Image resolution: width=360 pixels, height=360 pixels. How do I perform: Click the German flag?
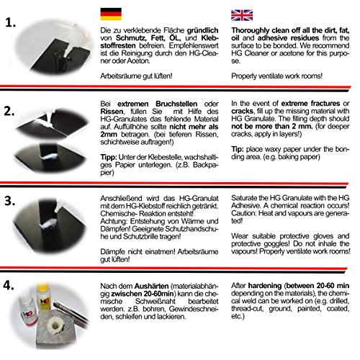(x=111, y=14)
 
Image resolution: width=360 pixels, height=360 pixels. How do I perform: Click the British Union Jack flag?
(x=242, y=15)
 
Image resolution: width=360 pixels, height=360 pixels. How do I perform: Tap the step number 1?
(x=11, y=23)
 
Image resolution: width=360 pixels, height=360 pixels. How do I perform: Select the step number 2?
(x=9, y=112)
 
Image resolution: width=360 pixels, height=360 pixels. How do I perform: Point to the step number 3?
(x=10, y=201)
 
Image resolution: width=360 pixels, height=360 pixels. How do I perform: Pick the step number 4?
(x=9, y=285)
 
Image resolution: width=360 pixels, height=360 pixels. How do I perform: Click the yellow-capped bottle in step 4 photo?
(x=44, y=297)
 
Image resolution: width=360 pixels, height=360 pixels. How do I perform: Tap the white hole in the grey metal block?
(x=55, y=326)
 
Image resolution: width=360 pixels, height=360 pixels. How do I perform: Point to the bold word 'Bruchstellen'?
(x=176, y=104)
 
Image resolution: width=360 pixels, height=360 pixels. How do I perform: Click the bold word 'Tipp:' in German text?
(x=109, y=158)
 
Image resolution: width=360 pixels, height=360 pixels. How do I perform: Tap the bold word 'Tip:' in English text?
(x=238, y=149)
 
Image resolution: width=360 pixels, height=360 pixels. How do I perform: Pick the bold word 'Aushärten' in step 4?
(x=151, y=286)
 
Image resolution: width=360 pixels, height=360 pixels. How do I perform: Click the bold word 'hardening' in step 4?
(x=265, y=286)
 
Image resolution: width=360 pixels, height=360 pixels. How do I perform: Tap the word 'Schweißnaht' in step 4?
(x=156, y=301)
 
